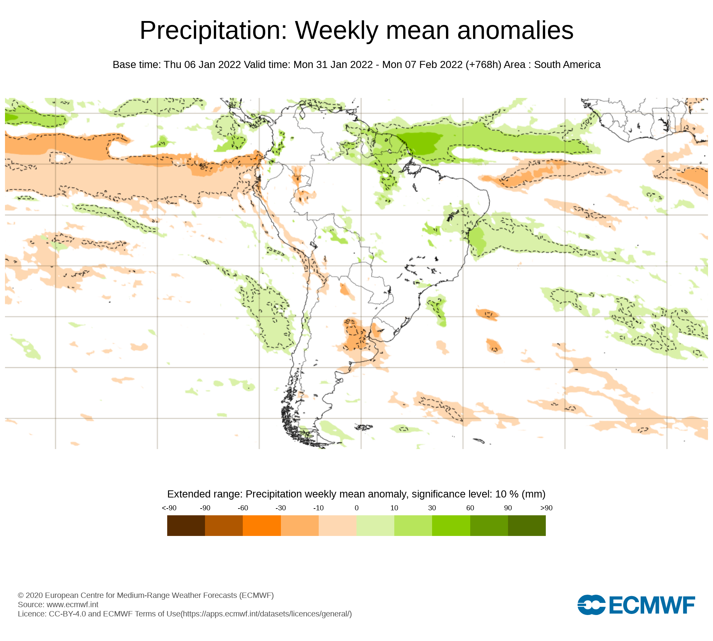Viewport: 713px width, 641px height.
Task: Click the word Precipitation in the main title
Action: (213, 31)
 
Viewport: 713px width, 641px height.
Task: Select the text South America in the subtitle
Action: (567, 65)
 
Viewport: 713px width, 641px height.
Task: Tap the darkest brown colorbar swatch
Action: (186, 525)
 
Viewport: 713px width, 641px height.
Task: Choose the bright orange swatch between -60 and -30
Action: (262, 525)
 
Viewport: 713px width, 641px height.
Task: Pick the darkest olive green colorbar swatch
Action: (527, 525)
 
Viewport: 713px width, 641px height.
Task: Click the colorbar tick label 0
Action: (356, 508)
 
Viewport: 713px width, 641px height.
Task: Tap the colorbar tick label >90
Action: (546, 508)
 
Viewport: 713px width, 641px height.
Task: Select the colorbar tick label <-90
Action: (169, 508)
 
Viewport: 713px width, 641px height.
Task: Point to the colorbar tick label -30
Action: (281, 508)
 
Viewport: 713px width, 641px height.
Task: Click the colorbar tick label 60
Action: (470, 508)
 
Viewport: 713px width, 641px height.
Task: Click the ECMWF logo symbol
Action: (591, 605)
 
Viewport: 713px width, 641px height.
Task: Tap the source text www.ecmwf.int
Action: (72, 604)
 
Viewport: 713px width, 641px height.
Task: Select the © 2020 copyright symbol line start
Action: (21, 595)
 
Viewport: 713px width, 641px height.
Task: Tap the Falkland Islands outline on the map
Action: (364, 427)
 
